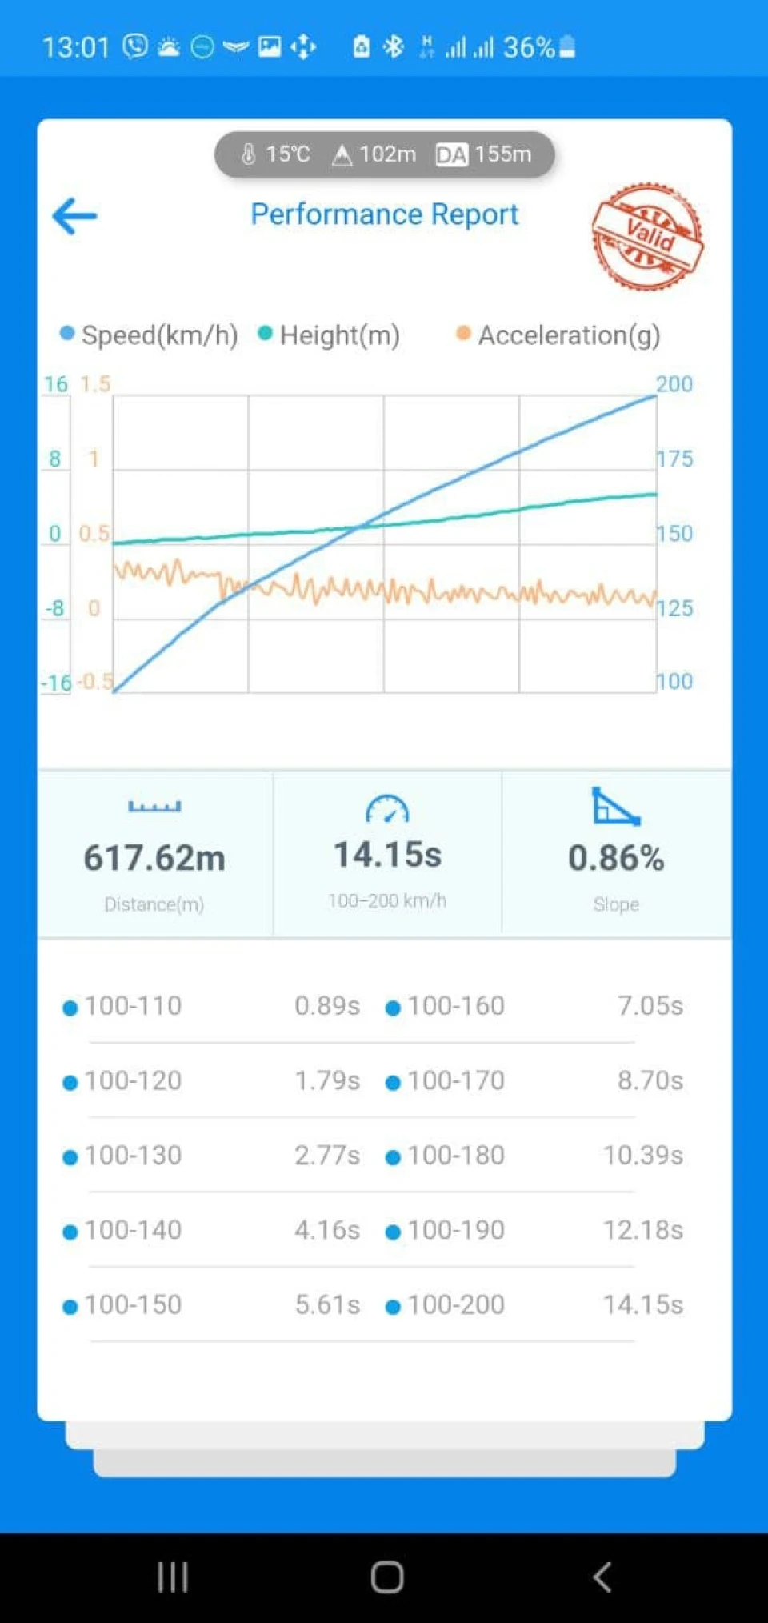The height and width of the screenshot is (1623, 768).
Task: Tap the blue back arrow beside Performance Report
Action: click(x=74, y=216)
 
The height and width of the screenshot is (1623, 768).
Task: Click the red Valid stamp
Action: click(x=647, y=236)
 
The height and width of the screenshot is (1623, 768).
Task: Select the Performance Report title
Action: click(x=385, y=214)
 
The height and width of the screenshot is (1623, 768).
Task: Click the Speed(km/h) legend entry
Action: click(x=150, y=335)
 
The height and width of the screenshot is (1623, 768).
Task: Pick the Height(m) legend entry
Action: click(x=329, y=335)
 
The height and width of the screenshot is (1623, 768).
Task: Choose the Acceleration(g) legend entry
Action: click(x=558, y=335)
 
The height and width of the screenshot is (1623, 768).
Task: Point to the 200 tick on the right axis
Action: click(x=674, y=384)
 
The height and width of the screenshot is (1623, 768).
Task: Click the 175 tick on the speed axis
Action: click(x=674, y=459)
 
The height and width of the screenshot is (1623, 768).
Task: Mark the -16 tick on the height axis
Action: click(x=57, y=683)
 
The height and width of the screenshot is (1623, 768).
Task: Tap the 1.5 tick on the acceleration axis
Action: click(x=95, y=384)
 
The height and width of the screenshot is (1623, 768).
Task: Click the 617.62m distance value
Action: click(x=154, y=858)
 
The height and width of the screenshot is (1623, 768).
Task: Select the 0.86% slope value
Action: click(x=616, y=858)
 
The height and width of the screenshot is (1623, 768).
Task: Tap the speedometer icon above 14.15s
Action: click(x=387, y=809)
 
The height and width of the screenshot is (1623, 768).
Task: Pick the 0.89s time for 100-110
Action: click(x=327, y=1006)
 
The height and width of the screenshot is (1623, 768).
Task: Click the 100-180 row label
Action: click(x=456, y=1156)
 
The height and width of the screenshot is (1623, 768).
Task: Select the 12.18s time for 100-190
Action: click(x=643, y=1230)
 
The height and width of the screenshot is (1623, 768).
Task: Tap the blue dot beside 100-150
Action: click(x=70, y=1307)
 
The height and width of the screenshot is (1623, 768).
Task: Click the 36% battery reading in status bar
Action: click(x=529, y=48)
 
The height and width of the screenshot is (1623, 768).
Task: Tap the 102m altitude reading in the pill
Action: click(x=387, y=154)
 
